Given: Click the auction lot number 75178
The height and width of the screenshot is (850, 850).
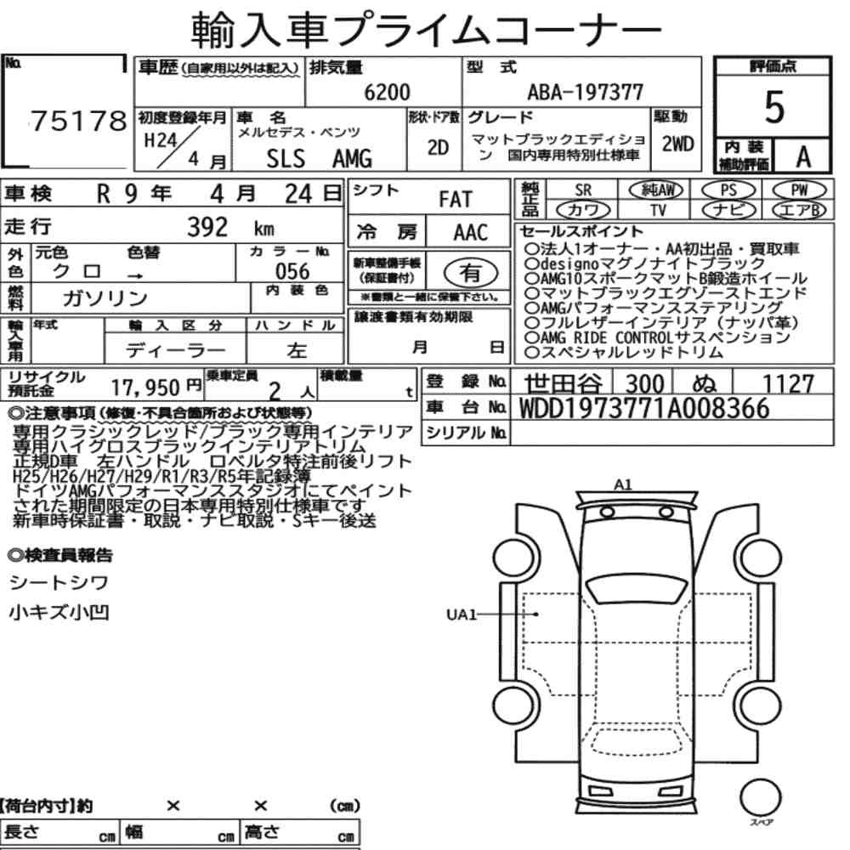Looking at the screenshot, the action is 78,121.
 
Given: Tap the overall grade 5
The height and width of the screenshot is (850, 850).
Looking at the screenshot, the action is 774,107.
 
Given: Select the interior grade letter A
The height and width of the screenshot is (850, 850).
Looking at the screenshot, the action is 803,157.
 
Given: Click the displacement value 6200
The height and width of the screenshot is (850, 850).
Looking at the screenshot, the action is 387,92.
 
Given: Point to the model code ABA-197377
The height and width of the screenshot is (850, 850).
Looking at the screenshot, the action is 585,92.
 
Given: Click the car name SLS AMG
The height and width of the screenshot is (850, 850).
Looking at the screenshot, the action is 320,159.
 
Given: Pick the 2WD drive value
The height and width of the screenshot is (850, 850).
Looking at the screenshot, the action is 677,144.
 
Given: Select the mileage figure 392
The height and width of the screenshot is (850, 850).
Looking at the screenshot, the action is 207,227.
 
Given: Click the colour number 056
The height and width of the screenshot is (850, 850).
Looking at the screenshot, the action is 292,271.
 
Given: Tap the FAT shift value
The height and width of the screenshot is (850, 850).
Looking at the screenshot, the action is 456,200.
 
